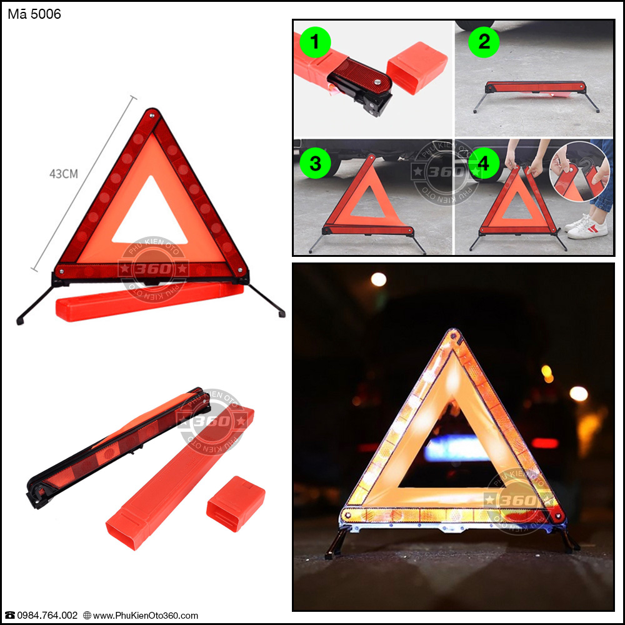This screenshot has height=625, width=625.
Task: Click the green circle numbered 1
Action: pyautogui.click(x=315, y=42)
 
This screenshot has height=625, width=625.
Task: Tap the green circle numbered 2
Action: pyautogui.click(x=484, y=41)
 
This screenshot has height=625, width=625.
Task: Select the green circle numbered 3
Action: pyautogui.click(x=315, y=163)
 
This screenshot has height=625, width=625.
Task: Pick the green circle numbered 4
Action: pyautogui.click(x=484, y=163)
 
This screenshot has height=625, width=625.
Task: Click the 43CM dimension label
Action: pyautogui.click(x=64, y=174)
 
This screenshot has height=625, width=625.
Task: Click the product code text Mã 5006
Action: pyautogui.click(x=34, y=14)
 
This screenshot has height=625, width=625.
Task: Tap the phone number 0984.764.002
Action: pyautogui.click(x=47, y=616)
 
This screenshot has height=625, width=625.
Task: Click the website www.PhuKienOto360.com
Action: pyautogui.click(x=146, y=616)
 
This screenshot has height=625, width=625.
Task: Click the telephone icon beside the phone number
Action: pyautogui.click(x=9, y=616)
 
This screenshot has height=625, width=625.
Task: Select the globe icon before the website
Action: pyautogui.click(x=87, y=616)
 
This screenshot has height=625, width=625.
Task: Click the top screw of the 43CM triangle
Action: pyautogui.click(x=152, y=116)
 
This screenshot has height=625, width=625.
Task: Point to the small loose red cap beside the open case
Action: pyautogui.click(x=236, y=503)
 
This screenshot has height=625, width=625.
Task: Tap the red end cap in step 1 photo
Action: pyautogui.click(x=417, y=67)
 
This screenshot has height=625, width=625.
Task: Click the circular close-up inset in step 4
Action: pyautogui.click(x=579, y=172)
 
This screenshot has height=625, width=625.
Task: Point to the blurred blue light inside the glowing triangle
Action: pyautogui.click(x=451, y=448)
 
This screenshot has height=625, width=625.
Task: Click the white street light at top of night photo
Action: pyautogui.click(x=378, y=279)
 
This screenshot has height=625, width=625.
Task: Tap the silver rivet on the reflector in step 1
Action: pyautogui.click(x=377, y=82)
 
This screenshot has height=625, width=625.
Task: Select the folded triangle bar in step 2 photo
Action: pyautogui.click(x=536, y=87)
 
